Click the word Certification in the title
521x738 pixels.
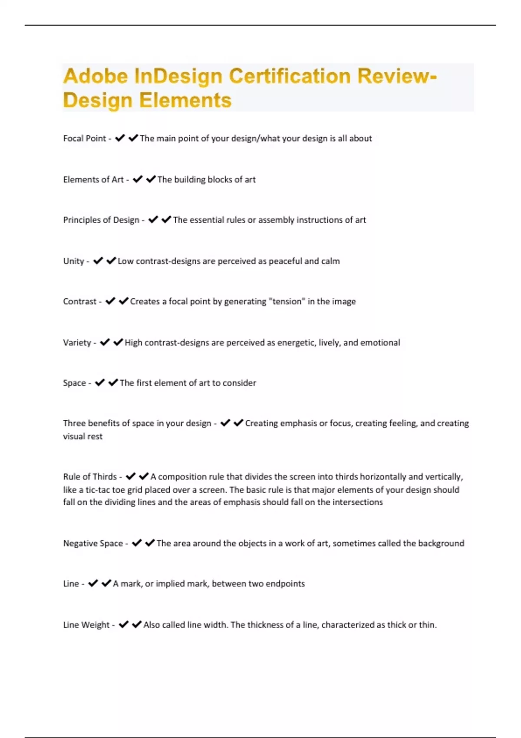(x=290, y=76)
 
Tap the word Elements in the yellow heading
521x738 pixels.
(x=185, y=100)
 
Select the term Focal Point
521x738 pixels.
(x=84, y=138)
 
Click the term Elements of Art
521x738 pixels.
(x=93, y=180)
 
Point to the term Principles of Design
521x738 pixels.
(x=101, y=220)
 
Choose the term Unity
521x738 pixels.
(x=73, y=261)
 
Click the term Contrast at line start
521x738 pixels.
(x=79, y=302)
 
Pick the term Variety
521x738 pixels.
(x=77, y=343)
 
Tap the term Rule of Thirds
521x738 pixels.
(x=90, y=477)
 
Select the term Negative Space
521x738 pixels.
(x=93, y=544)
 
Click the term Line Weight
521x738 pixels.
(x=86, y=625)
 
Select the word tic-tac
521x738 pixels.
(x=98, y=490)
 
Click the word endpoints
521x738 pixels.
(x=285, y=584)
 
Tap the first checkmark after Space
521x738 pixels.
(x=100, y=382)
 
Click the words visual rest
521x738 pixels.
(x=82, y=437)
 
